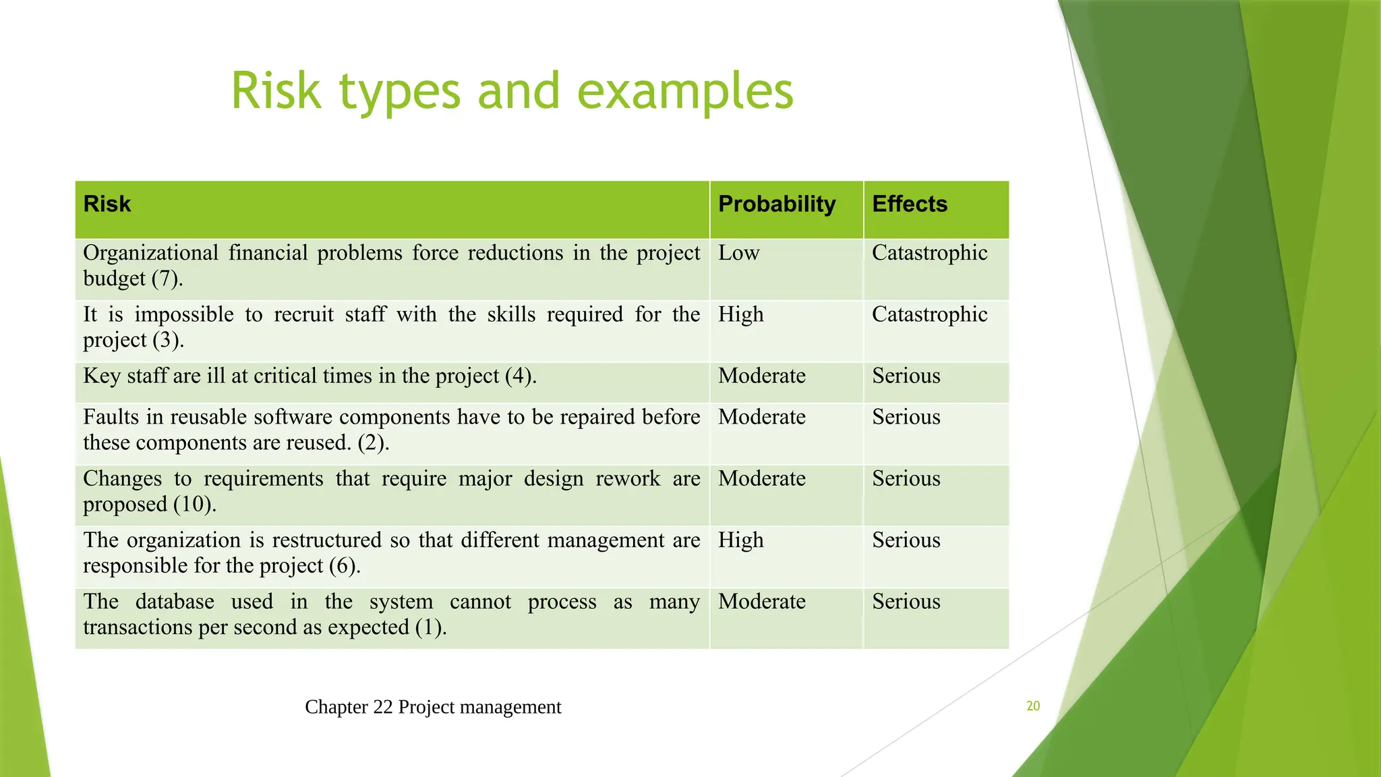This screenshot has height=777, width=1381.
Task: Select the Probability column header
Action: click(x=777, y=204)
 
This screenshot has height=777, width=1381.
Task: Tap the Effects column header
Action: click(x=910, y=204)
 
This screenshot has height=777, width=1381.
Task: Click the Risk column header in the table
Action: click(x=107, y=204)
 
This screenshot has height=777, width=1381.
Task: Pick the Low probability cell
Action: click(x=738, y=253)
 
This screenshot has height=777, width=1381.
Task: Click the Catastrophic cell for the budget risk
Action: click(x=929, y=253)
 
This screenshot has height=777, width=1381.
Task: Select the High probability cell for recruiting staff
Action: click(x=740, y=314)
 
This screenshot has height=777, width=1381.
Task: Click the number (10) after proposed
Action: click(x=194, y=505)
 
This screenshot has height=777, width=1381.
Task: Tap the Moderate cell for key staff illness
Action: click(x=761, y=376)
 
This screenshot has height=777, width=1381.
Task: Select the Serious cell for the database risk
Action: click(x=906, y=602)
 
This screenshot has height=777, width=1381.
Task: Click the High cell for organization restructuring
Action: click(x=740, y=540)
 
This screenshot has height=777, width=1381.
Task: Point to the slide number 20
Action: click(x=1033, y=706)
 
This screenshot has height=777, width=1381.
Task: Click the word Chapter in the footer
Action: click(x=336, y=707)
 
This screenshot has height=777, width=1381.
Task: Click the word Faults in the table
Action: click(x=111, y=417)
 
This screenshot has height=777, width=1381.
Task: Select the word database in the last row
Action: click(x=175, y=602)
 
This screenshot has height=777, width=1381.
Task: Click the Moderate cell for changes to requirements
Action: click(x=761, y=479)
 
